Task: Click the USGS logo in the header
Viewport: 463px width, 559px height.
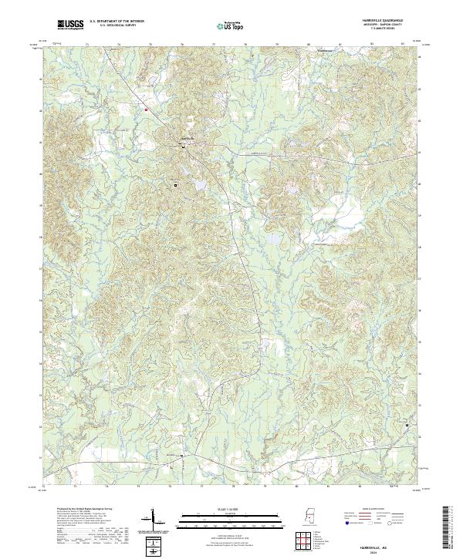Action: [70, 24]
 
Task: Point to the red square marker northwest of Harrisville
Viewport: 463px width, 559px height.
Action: [145, 110]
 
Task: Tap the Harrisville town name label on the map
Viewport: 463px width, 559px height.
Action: [184, 138]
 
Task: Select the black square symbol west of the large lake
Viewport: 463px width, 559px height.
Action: [175, 185]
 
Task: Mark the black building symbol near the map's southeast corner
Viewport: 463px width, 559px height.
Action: [407, 425]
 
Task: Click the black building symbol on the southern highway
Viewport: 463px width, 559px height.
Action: [182, 456]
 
